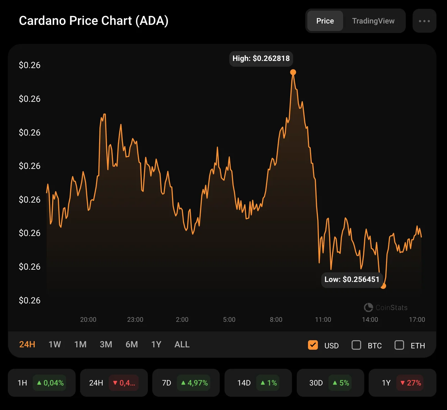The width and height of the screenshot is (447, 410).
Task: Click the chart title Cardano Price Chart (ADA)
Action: click(x=94, y=21)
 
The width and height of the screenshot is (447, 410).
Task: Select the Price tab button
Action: click(x=325, y=21)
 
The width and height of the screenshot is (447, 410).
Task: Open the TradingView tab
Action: click(x=373, y=21)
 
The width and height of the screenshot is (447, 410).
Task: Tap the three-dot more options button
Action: click(x=424, y=21)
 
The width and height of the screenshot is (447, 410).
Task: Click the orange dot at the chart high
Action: click(x=293, y=72)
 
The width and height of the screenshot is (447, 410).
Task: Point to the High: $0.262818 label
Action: click(x=261, y=59)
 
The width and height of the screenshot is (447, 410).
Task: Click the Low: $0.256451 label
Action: click(x=352, y=280)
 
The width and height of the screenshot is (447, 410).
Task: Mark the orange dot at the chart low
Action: click(x=383, y=286)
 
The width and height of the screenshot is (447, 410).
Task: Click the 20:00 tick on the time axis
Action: click(x=88, y=320)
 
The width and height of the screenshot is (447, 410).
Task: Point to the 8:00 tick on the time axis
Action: click(x=276, y=320)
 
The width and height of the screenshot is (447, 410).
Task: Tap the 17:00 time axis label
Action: click(x=417, y=320)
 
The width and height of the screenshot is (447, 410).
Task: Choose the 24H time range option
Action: click(x=27, y=345)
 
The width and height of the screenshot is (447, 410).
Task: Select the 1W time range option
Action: click(x=55, y=345)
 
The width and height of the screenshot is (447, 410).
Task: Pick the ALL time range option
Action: click(x=182, y=345)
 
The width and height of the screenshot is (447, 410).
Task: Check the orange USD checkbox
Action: click(x=313, y=345)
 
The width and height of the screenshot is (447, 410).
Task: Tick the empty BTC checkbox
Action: click(x=356, y=345)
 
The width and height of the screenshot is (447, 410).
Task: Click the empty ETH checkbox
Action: click(x=399, y=345)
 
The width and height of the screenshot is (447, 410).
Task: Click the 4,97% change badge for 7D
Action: click(x=194, y=383)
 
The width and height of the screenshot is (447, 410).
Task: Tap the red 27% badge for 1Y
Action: click(x=411, y=383)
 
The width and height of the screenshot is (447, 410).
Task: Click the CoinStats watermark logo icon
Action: click(x=368, y=307)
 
